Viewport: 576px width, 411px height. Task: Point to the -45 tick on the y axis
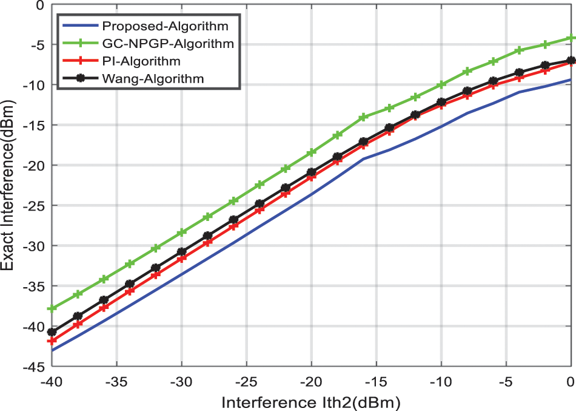click(34, 367)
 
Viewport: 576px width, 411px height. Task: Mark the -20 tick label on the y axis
click(34, 166)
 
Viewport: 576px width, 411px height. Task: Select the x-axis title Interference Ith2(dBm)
click(311, 401)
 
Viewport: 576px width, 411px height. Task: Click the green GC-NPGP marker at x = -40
click(52, 308)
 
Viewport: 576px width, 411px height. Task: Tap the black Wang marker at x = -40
click(52, 332)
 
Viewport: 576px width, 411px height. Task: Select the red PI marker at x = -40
click(52, 341)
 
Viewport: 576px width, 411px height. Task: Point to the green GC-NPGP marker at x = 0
click(571, 38)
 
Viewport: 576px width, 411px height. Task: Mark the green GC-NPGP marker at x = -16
click(363, 117)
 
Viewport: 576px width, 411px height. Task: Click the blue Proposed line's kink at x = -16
click(363, 159)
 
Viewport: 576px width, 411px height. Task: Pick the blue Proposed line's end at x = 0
click(571, 80)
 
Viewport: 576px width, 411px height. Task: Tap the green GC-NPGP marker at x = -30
click(182, 233)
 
